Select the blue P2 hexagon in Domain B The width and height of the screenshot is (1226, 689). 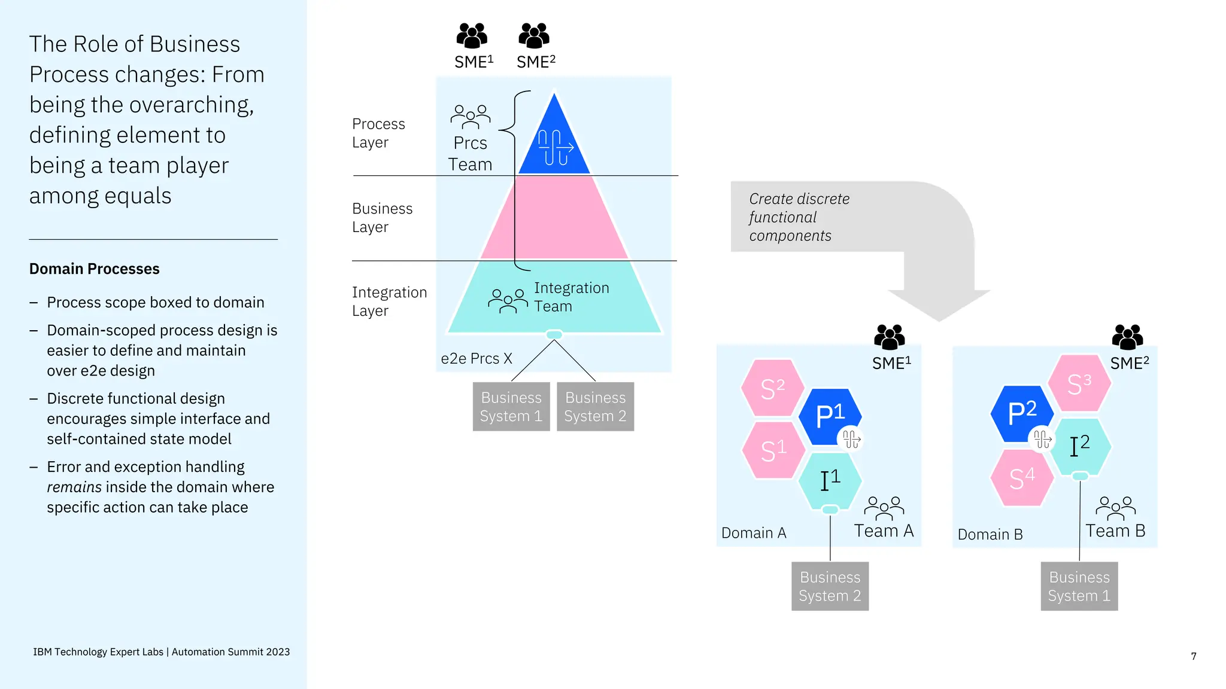1021,413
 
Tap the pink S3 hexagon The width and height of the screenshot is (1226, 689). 1079,383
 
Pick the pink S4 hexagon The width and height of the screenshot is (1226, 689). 1021,478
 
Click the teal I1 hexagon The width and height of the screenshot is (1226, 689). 830,480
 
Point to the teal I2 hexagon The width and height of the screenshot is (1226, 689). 1080,446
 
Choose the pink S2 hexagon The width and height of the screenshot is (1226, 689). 772,388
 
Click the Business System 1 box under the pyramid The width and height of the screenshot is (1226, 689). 511,407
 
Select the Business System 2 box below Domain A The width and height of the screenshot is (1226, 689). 830,586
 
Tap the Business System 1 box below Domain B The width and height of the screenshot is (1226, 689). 1079,586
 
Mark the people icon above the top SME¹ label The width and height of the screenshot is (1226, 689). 472,36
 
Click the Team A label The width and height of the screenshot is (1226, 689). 884,531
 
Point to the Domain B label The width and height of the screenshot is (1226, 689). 990,535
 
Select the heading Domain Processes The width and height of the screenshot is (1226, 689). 95,269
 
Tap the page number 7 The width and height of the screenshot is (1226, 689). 1193,656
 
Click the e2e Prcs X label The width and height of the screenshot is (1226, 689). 477,359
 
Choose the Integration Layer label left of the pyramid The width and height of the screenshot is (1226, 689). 389,301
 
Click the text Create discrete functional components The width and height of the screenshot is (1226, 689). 799,217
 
